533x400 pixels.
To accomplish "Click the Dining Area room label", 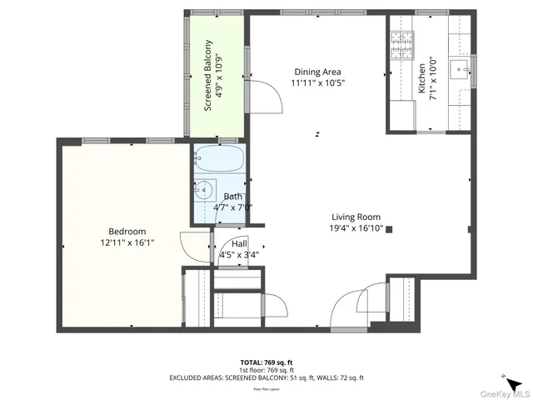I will tap(318, 72).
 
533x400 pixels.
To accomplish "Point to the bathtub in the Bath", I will tap(220, 159).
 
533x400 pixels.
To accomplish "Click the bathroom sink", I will tap(203, 190).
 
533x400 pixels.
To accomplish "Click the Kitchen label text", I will tap(423, 76).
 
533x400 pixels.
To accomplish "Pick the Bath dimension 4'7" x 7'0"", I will tap(232, 208).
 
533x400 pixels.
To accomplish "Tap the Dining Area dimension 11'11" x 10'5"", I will tap(317, 83).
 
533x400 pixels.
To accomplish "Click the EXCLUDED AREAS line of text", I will tap(266, 377).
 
